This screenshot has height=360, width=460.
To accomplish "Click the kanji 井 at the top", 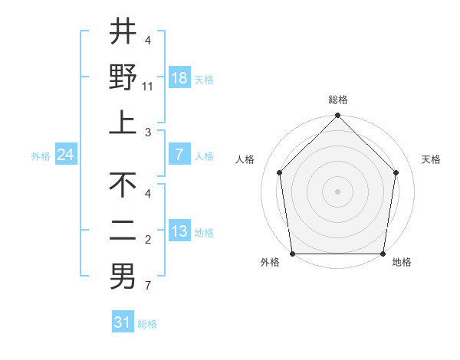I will coord(123,32).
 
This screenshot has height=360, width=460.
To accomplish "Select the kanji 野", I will coord(123,77).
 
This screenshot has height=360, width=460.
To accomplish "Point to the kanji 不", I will coord(123,185).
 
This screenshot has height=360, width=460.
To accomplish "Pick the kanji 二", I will coord(123,231).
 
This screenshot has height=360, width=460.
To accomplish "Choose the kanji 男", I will coord(123,277).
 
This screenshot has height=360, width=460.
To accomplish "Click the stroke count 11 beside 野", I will coord(148,87).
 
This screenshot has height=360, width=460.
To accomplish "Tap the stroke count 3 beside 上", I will coord(148,132).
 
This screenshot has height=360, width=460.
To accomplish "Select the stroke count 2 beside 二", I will coord(148,240).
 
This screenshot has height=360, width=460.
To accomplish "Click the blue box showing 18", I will coord(179,78).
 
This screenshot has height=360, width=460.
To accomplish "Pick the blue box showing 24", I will coord(66,155).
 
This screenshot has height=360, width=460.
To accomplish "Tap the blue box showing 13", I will coord(179,231).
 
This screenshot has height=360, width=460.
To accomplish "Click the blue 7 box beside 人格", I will coord(179,155).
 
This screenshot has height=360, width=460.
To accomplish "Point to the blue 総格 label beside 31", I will coord(147,324).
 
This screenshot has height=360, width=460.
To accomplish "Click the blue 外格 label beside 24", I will coord(41,155).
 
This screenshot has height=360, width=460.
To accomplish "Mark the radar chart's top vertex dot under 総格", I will coord(337,116).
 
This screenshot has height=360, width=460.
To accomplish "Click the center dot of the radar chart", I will coord(337,191).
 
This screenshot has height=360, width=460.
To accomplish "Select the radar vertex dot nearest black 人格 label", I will coord(280,172).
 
